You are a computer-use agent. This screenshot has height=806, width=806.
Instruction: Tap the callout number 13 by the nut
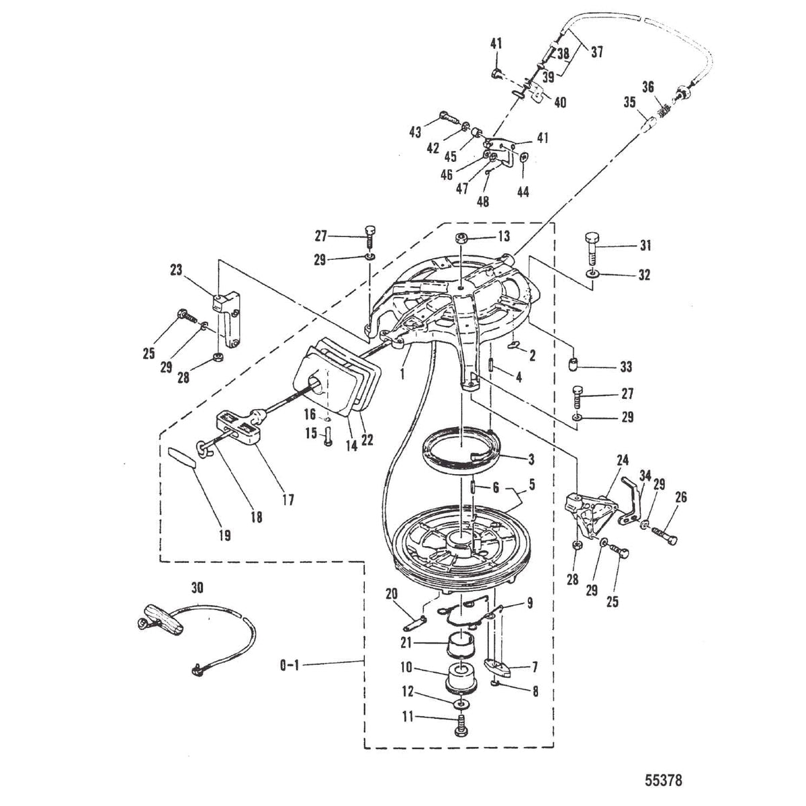[504, 236]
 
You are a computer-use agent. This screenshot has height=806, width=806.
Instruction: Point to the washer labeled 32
[592, 274]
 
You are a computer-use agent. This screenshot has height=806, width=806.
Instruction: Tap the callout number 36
[647, 87]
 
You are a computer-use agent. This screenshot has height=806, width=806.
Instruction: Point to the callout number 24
[623, 461]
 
